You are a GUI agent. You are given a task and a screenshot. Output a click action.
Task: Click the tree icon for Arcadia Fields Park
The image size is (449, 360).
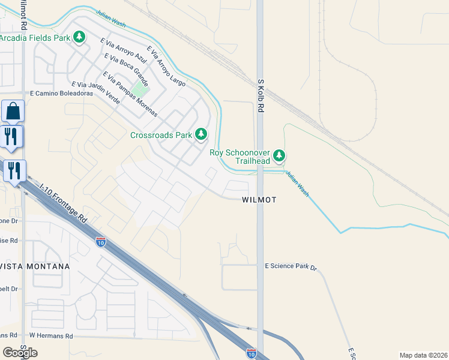pos(79,38)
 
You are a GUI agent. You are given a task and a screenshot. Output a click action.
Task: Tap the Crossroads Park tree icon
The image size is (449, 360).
pos(201,135)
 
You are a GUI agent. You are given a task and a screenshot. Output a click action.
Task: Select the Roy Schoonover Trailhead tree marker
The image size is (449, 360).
pos(279,157)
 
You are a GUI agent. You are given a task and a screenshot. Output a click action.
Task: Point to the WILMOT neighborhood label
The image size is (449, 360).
pos(259,200)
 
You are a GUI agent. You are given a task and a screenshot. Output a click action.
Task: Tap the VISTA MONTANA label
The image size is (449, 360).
pos(35,266)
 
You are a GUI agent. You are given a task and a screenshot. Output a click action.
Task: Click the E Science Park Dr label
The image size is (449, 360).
pos(291,265)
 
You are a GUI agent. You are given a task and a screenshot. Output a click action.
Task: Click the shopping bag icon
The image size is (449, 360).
pos(13,112)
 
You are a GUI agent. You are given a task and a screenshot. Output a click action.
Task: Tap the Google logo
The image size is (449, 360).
pos(20,352)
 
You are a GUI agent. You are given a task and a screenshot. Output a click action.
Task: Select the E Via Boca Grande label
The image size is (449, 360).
pos(126,70)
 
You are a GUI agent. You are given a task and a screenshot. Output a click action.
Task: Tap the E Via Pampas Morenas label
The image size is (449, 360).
pos(130,94)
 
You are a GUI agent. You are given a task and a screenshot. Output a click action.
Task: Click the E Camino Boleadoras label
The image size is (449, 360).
pos(62,94)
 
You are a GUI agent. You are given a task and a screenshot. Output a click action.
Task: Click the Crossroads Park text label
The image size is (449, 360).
pos(161,135)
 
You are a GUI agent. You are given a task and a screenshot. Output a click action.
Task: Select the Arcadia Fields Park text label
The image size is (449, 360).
pos(35,38)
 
